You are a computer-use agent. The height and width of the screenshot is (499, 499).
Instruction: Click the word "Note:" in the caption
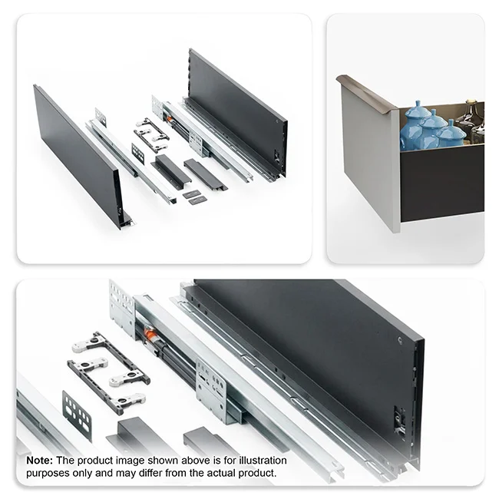[x=39, y=461]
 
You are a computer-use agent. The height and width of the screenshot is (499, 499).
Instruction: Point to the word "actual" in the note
[x=221, y=473]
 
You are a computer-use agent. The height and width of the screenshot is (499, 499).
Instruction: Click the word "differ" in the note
[x=150, y=473]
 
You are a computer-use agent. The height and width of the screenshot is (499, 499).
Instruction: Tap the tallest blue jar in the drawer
[x=415, y=126]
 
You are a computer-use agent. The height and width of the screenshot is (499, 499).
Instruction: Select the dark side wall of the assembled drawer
[x=442, y=183]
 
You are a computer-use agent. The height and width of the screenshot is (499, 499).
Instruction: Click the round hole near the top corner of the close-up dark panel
[x=400, y=341]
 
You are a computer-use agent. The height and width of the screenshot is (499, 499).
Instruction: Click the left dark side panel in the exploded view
[x=78, y=156]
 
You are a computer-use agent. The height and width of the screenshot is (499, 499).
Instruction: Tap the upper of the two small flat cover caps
[x=192, y=193]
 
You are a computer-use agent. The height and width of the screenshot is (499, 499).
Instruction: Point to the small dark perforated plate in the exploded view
[x=137, y=154]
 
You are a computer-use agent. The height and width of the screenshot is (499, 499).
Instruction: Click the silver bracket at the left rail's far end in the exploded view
[x=101, y=116]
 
